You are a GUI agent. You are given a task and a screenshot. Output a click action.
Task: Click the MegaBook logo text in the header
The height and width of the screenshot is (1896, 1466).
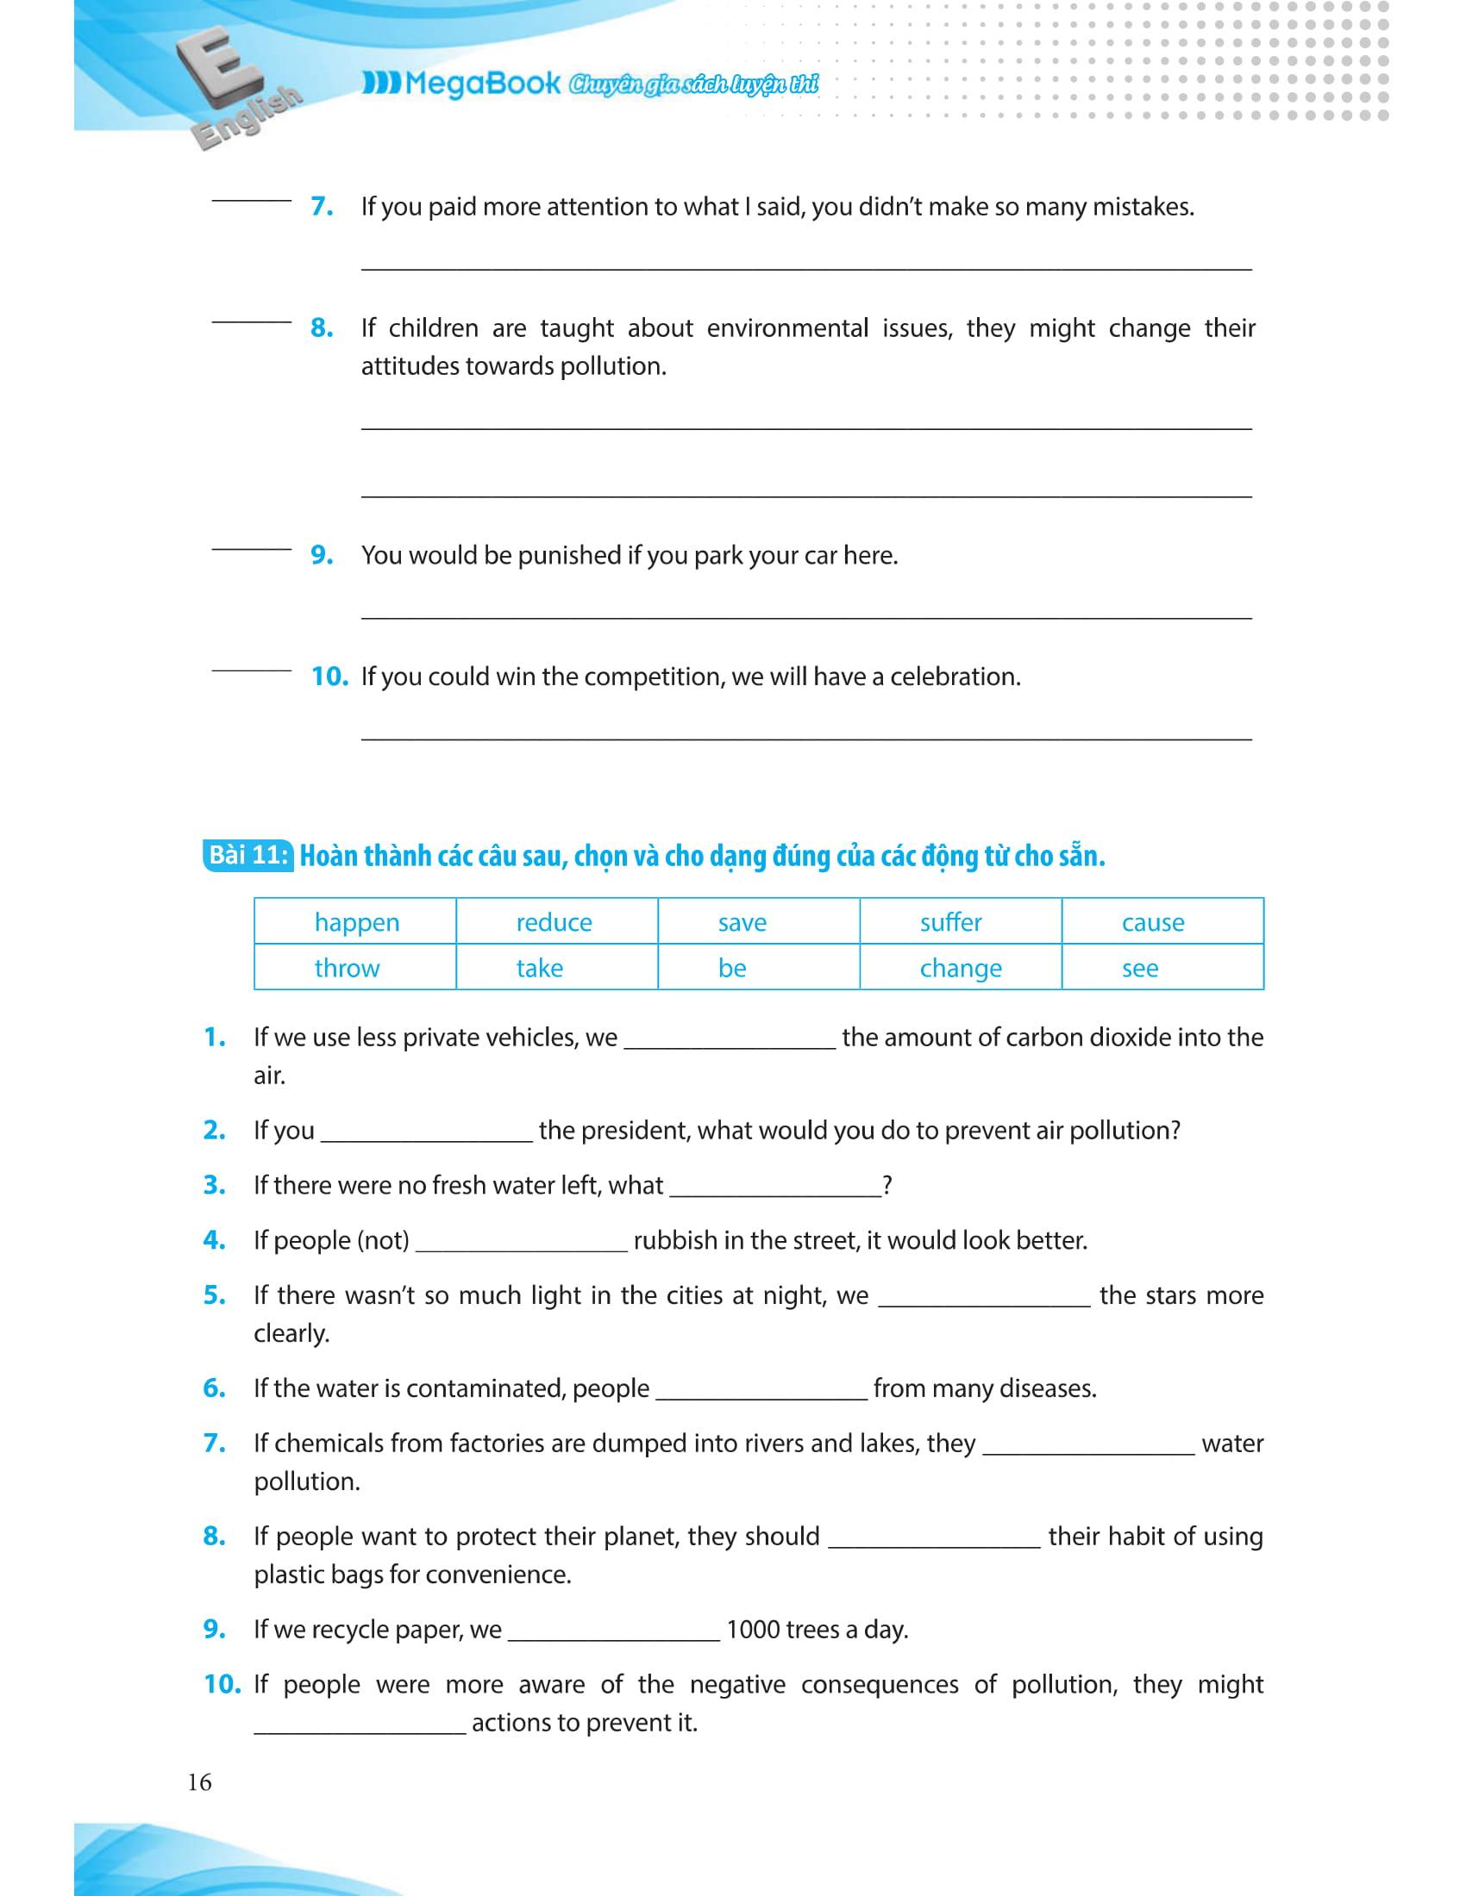(482, 84)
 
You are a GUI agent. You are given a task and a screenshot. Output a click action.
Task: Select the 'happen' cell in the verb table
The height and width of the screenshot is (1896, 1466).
(356, 922)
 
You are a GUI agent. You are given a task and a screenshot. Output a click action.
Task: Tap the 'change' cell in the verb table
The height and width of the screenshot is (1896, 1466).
(961, 968)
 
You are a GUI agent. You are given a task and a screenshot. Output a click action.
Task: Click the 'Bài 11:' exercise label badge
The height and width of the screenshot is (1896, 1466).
(248, 856)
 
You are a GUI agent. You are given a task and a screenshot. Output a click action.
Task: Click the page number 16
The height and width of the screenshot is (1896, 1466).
(199, 1782)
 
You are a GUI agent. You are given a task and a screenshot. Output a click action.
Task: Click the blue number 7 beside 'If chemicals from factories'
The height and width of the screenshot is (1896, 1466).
(214, 1443)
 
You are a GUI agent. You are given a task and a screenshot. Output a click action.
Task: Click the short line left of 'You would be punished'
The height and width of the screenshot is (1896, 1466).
(251, 549)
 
